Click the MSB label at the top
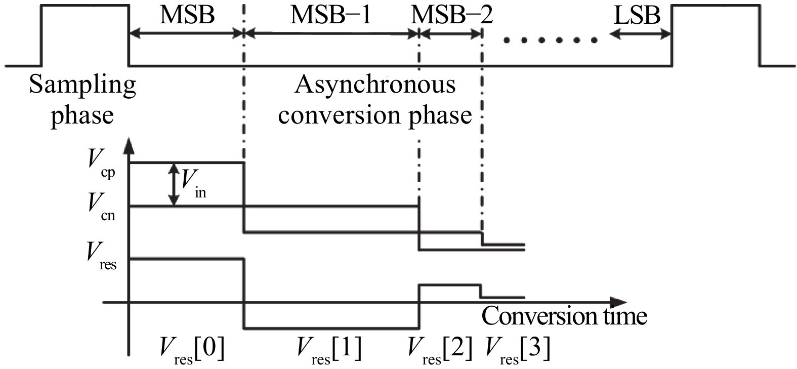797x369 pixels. pyautogui.click(x=187, y=15)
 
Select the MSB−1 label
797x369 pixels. pyautogui.click(x=330, y=15)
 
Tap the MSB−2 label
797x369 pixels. pyautogui.click(x=451, y=15)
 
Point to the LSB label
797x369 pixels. pyautogui.click(x=637, y=16)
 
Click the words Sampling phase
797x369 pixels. pyautogui.click(x=82, y=100)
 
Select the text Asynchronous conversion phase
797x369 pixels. pyautogui.click(x=375, y=100)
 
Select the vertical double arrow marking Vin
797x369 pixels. pyautogui.click(x=174, y=184)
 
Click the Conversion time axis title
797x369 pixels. pyautogui.click(x=564, y=316)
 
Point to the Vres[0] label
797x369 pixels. pyautogui.click(x=192, y=349)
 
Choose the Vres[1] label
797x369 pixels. pyautogui.click(x=329, y=349)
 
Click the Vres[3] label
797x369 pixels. pyautogui.click(x=517, y=349)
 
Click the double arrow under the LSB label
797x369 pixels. pyautogui.click(x=640, y=34)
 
